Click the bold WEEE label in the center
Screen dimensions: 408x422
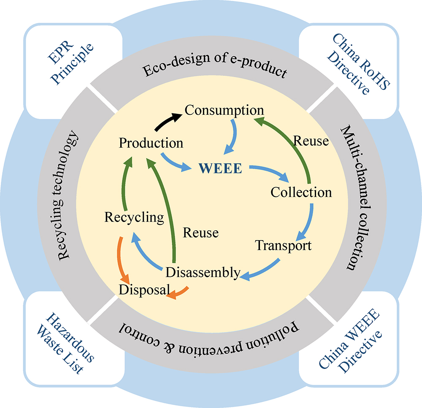[220, 169]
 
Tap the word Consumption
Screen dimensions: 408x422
[224, 111]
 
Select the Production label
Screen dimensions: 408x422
[151, 143]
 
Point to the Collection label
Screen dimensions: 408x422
[301, 192]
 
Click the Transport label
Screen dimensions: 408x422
[284, 245]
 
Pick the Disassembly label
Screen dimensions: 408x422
[203, 273]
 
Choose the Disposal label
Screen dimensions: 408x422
[144, 290]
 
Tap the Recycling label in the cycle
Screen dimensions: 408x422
[134, 218]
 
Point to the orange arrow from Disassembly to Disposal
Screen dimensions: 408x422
[179, 293]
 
